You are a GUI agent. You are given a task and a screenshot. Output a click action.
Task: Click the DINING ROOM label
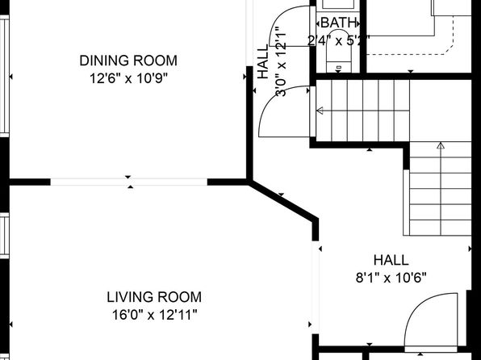coord(128,61)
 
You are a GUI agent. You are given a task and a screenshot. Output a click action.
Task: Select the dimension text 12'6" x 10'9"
coord(129,78)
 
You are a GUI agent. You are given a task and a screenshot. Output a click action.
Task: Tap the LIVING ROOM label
coord(154,297)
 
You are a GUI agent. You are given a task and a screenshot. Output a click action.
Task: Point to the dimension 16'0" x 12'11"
coord(154,315)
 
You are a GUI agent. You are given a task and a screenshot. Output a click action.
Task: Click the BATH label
coord(339,23)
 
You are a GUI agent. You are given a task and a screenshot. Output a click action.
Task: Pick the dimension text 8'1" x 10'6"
coord(391,278)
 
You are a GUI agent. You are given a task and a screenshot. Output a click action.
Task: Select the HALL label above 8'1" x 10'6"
coord(391,260)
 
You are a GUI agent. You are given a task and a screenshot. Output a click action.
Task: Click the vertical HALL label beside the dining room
coord(262,61)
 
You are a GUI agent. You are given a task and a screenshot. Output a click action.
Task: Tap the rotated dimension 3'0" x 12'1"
coord(281,61)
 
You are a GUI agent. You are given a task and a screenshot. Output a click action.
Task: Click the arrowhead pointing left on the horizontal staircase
coord(320,111)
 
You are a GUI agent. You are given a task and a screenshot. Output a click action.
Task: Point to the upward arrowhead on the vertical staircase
coord(441,145)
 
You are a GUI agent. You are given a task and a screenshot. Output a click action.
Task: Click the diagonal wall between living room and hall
coord(282,200)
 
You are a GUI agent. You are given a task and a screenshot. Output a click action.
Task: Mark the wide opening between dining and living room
coord(129,182)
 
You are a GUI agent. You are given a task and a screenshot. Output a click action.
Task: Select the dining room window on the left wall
coord(5,76)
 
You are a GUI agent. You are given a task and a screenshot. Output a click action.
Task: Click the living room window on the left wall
coord(4,236)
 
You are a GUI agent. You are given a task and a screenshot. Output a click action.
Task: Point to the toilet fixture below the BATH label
coord(339,51)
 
